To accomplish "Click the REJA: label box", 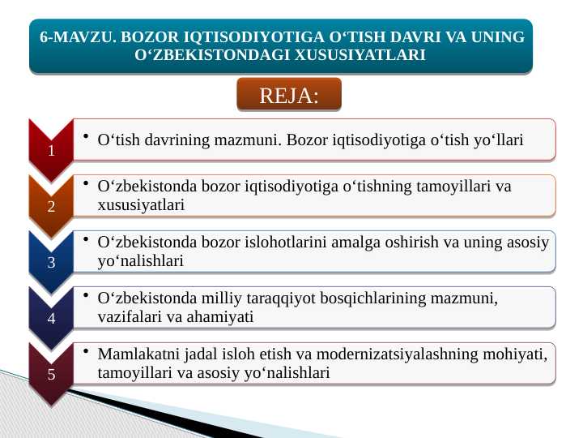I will click(x=289, y=96).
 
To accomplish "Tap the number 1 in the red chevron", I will click(x=50, y=151).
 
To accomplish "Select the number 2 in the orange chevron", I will click(x=50, y=206).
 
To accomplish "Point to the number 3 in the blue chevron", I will click(x=50, y=262).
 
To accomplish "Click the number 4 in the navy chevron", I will click(x=50, y=318).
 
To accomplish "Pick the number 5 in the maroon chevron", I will click(x=50, y=374).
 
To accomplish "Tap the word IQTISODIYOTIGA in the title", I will click(x=256, y=38).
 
